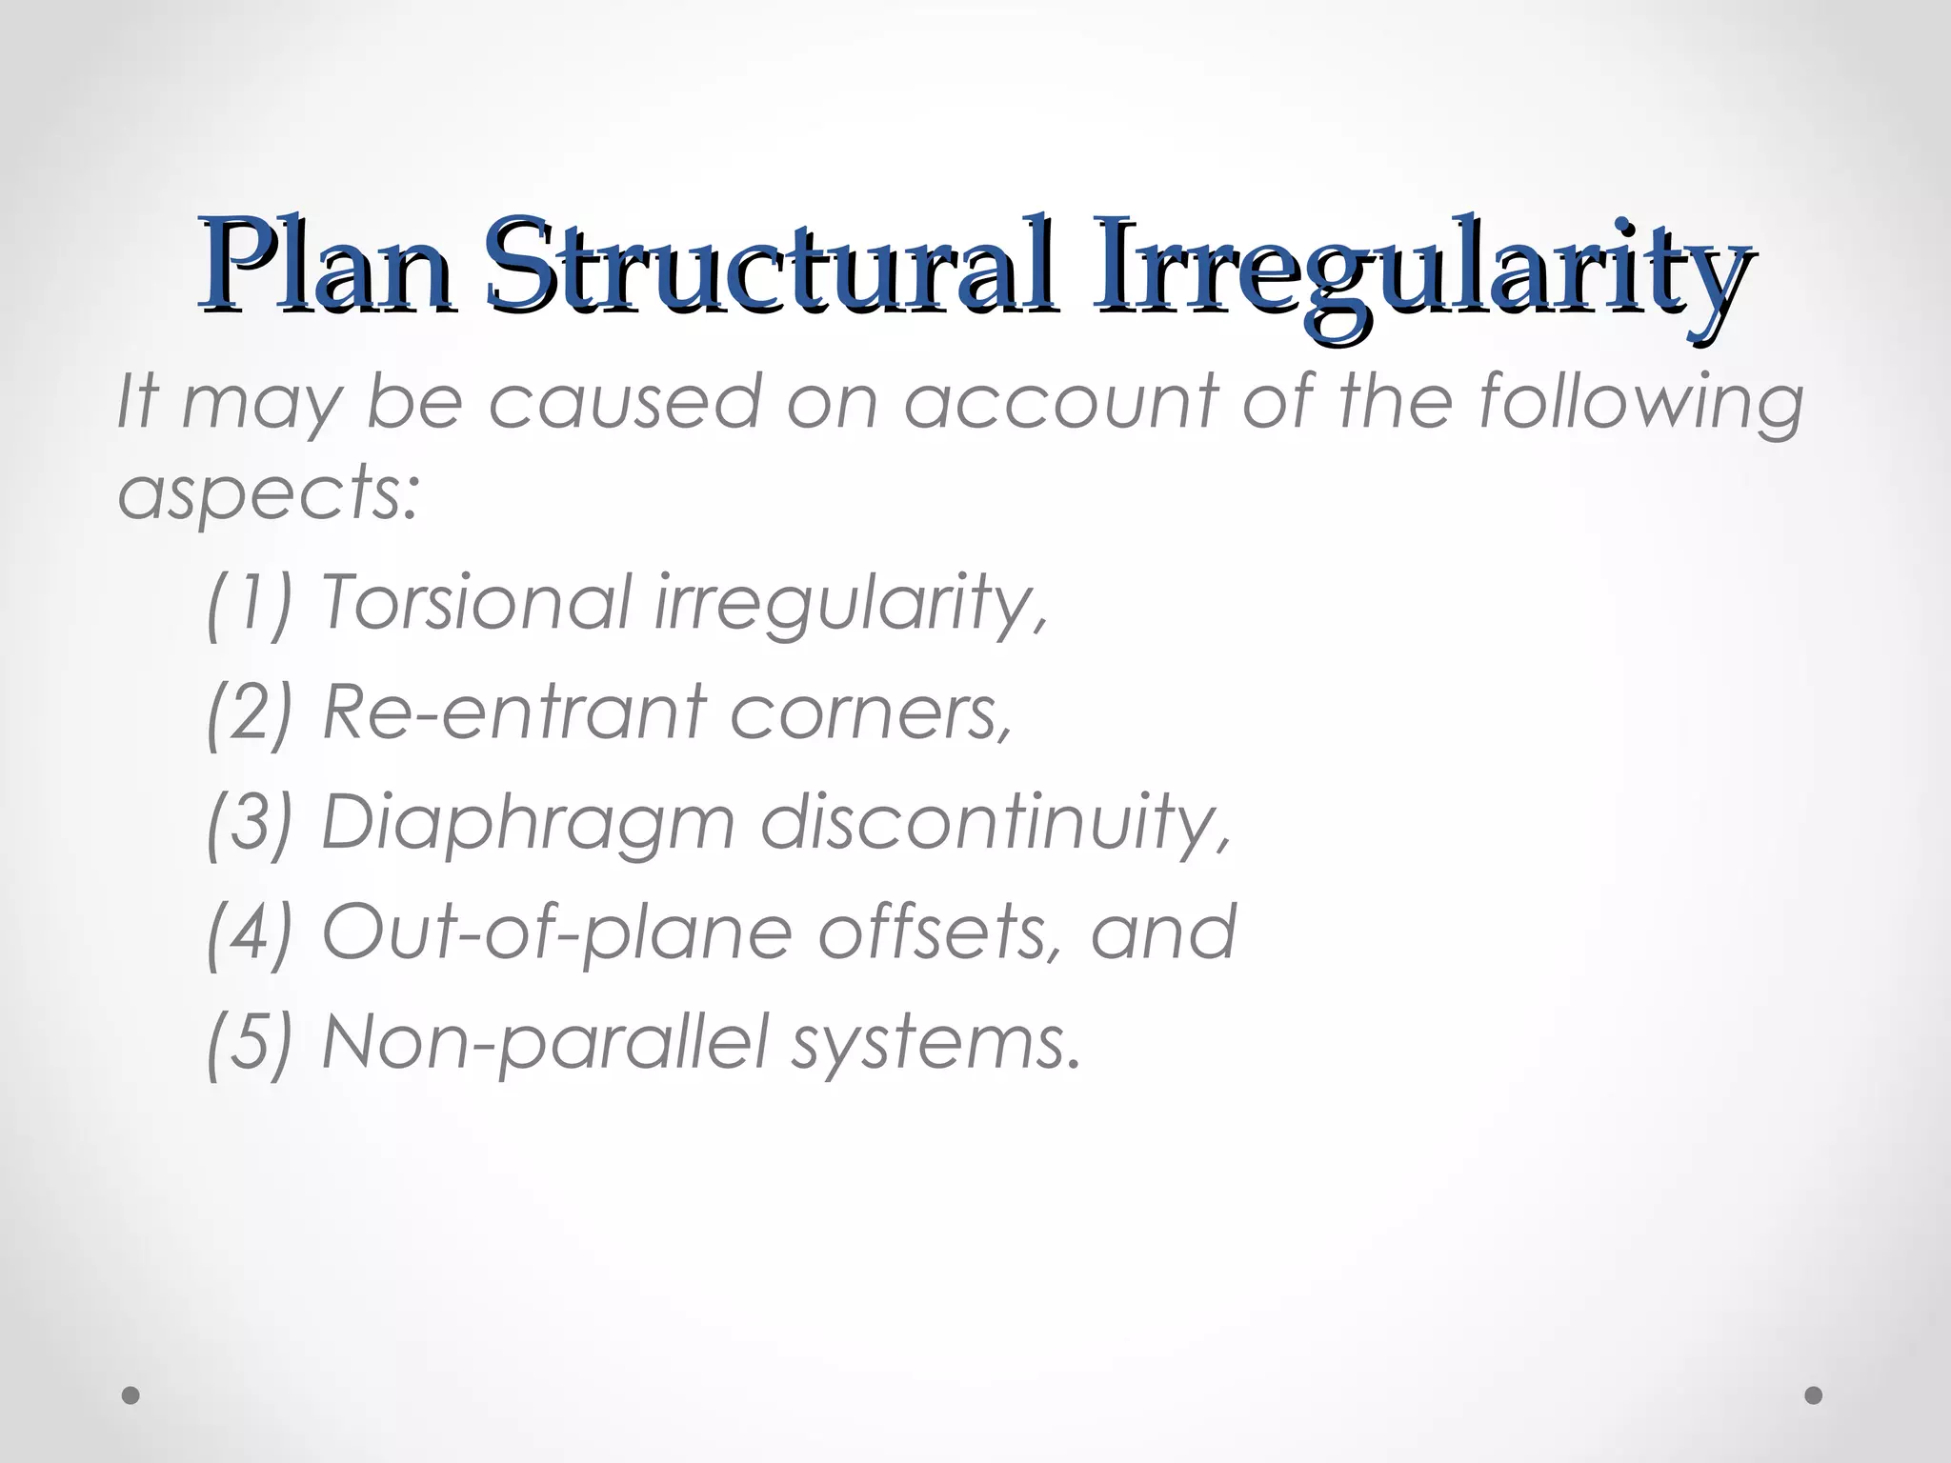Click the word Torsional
[x=476, y=602]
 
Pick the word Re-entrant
[x=514, y=712]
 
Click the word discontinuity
[x=995, y=823]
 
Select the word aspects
[x=268, y=495]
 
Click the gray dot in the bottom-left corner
[x=131, y=1395]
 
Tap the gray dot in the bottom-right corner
[x=1814, y=1395]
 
